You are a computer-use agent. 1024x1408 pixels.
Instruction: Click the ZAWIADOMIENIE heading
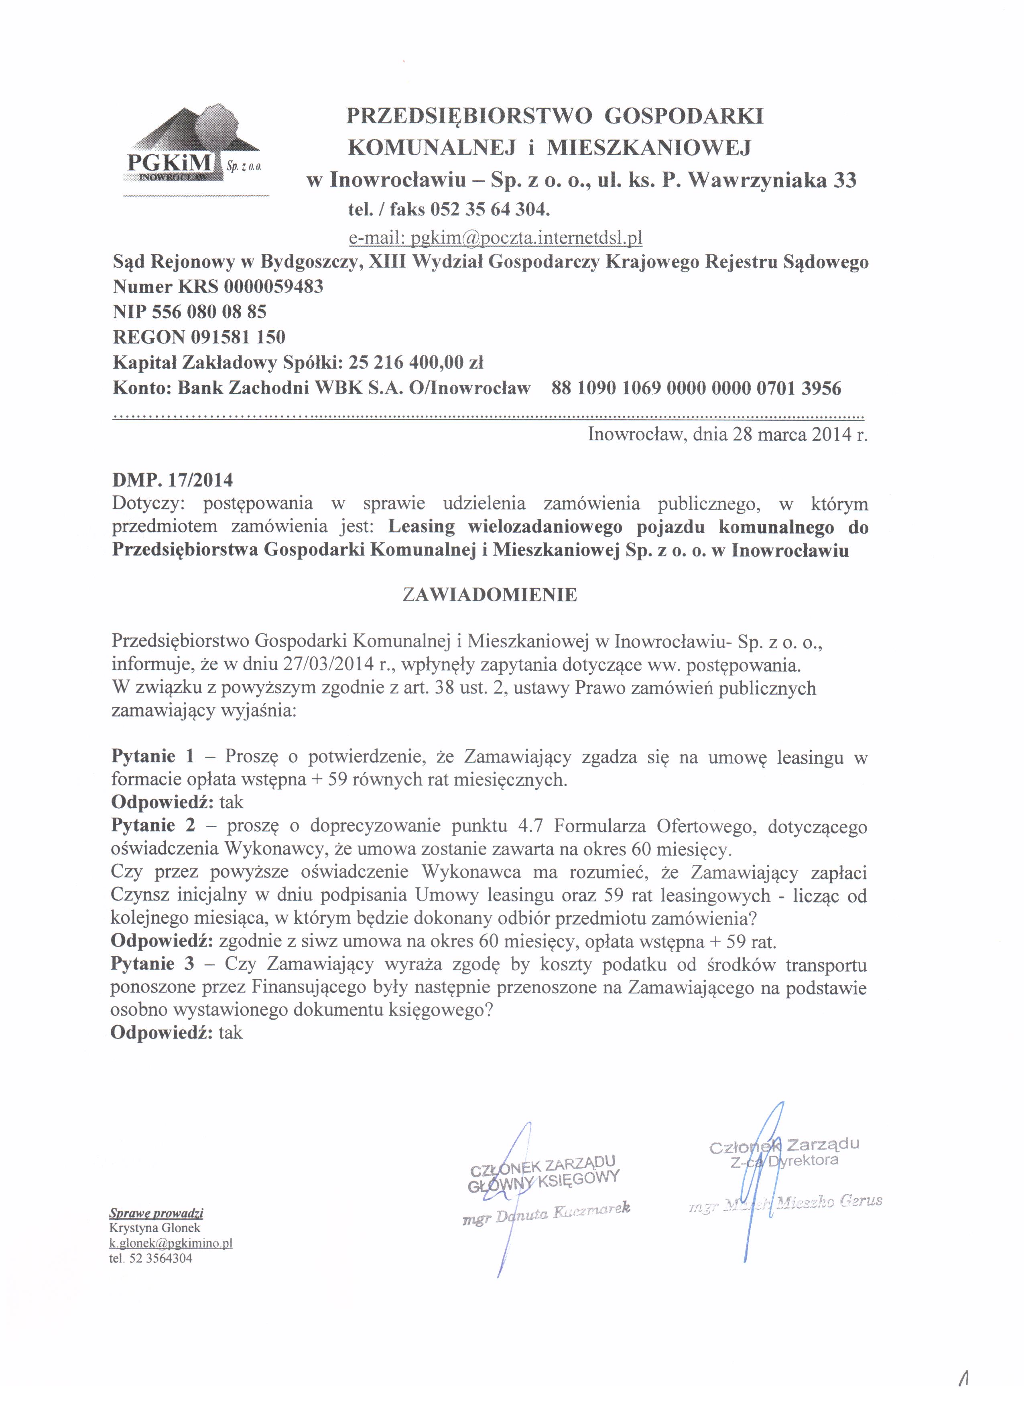coord(490,595)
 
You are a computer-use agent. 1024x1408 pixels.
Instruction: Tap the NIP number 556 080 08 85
coord(209,312)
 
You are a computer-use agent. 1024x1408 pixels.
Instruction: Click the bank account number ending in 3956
coord(696,389)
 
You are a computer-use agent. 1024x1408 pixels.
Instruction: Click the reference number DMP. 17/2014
coord(173,480)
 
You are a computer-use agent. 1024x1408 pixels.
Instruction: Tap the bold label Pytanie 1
coord(153,756)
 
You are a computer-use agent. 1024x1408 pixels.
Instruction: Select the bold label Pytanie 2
coord(153,825)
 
